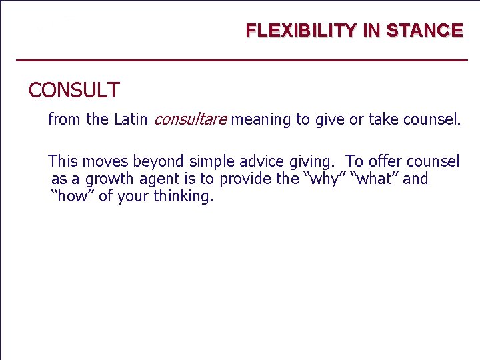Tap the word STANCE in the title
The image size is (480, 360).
[x=425, y=31]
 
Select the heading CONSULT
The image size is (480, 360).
[x=74, y=90]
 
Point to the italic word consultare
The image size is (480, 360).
[x=191, y=120]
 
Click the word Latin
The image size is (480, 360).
[x=131, y=120]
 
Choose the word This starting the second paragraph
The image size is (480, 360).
[x=63, y=161]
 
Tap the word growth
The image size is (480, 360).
[x=107, y=179]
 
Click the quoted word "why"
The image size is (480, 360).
[x=324, y=179]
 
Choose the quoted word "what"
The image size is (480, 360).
[x=374, y=179]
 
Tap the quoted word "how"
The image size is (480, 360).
[x=73, y=197]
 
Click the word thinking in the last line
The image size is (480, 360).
[x=183, y=197]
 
